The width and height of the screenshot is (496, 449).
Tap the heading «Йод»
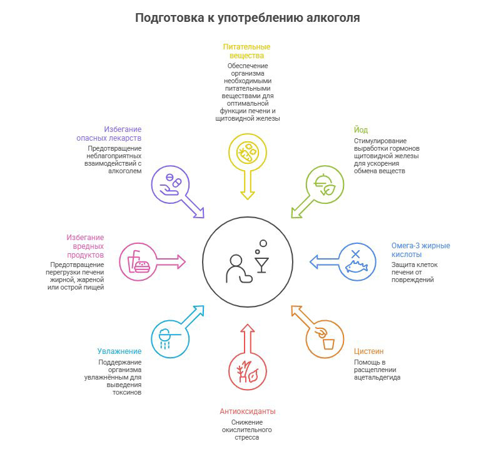(360, 130)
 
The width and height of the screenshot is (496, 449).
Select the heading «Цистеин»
(368, 351)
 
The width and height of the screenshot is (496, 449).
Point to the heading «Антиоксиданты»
(247, 411)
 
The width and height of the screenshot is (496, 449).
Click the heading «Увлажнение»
(119, 351)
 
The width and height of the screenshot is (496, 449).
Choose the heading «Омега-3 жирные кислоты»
(420, 250)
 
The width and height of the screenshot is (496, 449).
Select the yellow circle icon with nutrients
(248, 152)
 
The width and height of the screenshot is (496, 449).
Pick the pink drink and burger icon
(138, 262)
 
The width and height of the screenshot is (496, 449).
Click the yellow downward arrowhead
(248, 193)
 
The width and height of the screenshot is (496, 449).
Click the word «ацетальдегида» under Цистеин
(377, 378)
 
